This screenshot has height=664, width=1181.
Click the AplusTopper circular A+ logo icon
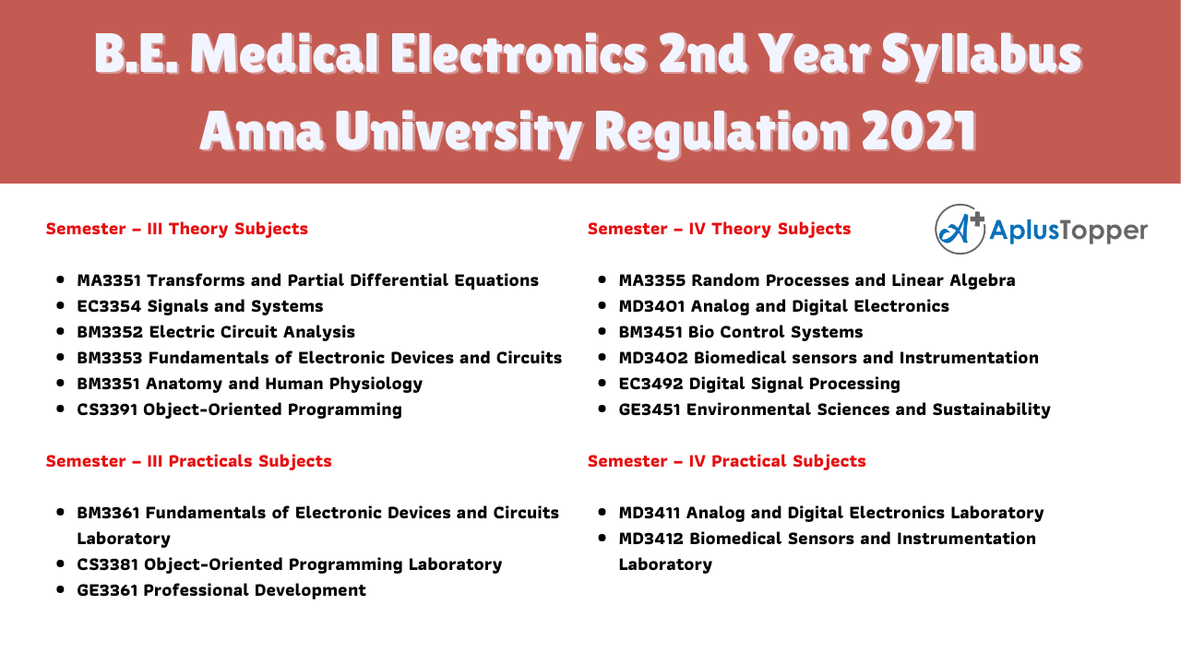point(960,230)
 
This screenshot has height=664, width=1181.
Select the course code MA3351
point(109,279)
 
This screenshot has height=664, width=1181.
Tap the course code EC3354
point(109,305)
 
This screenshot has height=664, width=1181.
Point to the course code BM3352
point(110,331)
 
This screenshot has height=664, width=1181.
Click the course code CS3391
point(108,409)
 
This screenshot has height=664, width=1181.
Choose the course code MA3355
point(652,279)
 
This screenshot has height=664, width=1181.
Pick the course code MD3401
point(652,305)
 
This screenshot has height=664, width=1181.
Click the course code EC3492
point(651,383)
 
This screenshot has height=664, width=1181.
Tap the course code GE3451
point(650,409)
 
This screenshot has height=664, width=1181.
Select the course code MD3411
point(650,512)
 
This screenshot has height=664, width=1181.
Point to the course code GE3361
point(108,589)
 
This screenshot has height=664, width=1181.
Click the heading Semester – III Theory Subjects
point(176,229)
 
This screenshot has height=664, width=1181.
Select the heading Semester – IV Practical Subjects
point(726,461)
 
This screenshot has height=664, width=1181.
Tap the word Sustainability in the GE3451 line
point(991,410)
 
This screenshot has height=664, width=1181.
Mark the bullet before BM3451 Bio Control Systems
point(602,331)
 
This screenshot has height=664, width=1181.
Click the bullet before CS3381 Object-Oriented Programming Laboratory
point(60,563)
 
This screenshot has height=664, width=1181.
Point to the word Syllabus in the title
point(981,55)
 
